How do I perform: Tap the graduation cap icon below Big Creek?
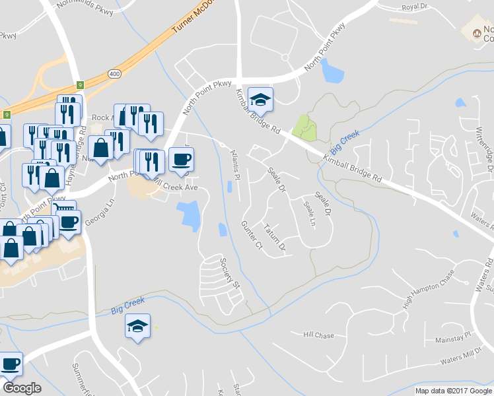pos(137,326)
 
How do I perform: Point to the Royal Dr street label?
pos(415,9)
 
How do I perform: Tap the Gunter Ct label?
pos(252,235)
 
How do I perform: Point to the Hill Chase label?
pos(318,335)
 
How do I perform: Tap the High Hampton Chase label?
pos(429,288)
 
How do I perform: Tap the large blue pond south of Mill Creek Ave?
pos(190,216)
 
